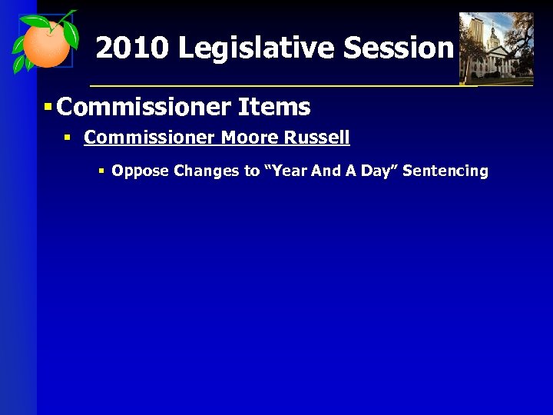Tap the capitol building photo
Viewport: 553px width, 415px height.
point(495,48)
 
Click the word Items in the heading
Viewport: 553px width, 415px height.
point(274,107)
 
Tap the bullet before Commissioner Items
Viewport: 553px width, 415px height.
point(48,107)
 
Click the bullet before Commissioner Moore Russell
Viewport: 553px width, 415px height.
point(68,138)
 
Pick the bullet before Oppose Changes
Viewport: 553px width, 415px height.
point(101,171)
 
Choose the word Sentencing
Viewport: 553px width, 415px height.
point(445,171)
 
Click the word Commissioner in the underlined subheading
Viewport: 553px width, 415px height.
point(150,138)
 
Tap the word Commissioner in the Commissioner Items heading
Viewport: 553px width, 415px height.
point(144,107)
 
